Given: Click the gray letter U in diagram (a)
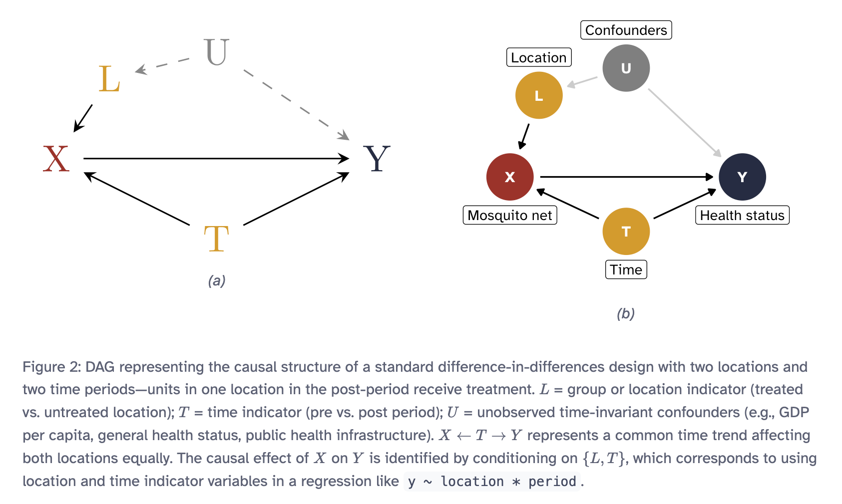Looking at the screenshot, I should coord(217,52).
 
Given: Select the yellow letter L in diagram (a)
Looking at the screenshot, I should coord(109,79).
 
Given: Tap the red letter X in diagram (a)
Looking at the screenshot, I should coord(56,159).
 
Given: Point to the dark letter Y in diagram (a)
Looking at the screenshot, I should coord(377,159).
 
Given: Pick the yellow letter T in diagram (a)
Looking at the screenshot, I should coord(216,239).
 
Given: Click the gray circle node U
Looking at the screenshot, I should coord(626,68).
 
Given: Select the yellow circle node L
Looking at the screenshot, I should coord(539,95).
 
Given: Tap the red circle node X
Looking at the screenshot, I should coord(510,177).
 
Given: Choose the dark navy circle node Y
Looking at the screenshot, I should coord(742,177).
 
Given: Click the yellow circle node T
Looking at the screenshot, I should coord(626,232).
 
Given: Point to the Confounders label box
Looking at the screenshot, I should coord(626,30).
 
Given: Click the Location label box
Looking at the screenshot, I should coord(539,57).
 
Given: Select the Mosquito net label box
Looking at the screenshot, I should coord(510,215).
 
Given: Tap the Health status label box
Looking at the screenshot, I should coord(742,215).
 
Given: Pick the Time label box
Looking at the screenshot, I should coord(626,269).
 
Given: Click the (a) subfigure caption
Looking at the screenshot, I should coord(217,280).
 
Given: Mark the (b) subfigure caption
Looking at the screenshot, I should coord(626,313).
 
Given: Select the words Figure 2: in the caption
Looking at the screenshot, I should coord(51,367).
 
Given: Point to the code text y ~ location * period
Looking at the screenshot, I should coord(492,482).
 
